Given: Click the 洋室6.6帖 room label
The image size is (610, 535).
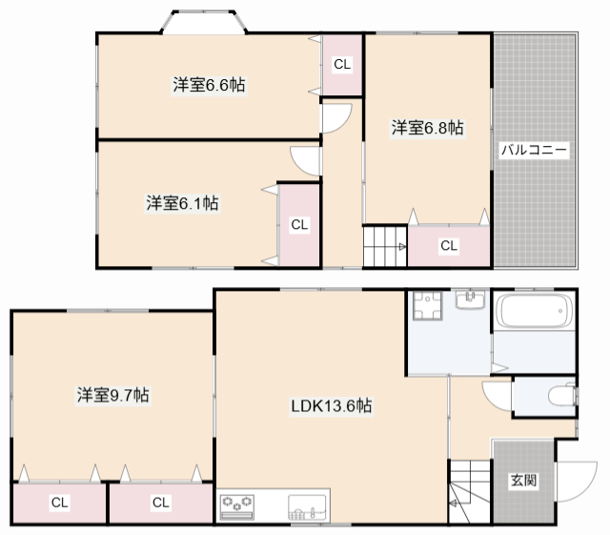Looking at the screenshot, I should click(209, 85).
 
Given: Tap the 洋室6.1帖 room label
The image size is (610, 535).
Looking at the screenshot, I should click(182, 202).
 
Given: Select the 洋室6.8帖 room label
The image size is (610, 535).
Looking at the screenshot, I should click(427, 128).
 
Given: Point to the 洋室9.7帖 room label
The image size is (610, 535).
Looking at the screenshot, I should click(112, 395).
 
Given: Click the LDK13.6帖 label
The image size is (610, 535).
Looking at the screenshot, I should click(332, 406).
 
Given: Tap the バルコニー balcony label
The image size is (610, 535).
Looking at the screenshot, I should click(535, 151).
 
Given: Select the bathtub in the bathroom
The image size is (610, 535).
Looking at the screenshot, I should click(535, 311).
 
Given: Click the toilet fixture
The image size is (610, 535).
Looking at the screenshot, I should click(561, 395).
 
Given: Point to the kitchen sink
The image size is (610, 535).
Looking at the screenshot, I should click(307, 507).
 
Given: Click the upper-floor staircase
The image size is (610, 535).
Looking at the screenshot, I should click(385, 248).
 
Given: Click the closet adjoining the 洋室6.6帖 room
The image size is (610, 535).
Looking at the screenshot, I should click(341, 65).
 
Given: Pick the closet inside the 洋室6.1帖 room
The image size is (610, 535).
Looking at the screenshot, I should click(299, 225).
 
